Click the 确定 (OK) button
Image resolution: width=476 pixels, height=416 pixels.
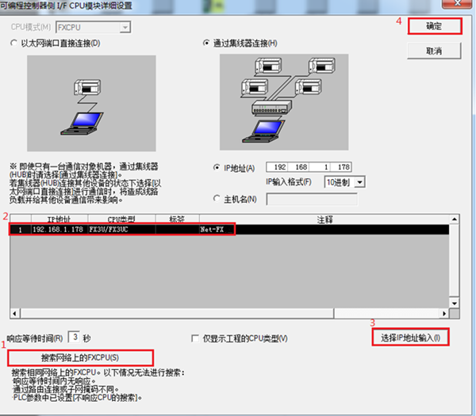[435, 26]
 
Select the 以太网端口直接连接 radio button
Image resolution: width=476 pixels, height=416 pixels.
[13, 43]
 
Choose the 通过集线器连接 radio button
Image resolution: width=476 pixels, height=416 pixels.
[206, 43]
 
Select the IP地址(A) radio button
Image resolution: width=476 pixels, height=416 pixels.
[217, 167]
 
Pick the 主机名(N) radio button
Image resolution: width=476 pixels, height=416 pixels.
[217, 199]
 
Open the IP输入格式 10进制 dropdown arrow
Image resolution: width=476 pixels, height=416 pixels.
[359, 182]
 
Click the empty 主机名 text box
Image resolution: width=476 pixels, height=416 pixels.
[312, 199]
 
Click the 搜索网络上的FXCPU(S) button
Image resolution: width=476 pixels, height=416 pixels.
[80, 358]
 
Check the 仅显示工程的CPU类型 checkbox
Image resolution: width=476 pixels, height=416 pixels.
[195, 338]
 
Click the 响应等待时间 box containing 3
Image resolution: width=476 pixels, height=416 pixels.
[74, 338]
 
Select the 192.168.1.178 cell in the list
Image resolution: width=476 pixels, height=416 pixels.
[58, 230]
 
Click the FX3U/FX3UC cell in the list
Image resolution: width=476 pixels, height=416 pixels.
[109, 230]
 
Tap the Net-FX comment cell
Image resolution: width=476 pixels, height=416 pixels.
[212, 230]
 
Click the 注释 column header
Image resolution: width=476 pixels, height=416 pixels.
[324, 219]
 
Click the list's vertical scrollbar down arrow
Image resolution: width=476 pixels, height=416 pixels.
[454, 303]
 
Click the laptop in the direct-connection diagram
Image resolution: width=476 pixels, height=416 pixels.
[83, 124]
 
